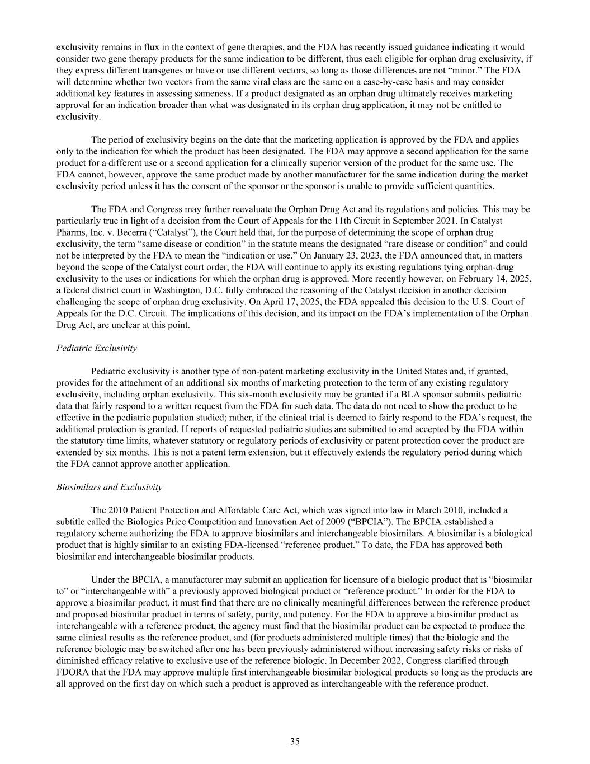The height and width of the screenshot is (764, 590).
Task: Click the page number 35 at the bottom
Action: [x=295, y=742]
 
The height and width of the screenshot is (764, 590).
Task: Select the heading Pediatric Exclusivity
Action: [x=96, y=348]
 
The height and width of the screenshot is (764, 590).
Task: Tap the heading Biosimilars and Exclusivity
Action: [x=109, y=487]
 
